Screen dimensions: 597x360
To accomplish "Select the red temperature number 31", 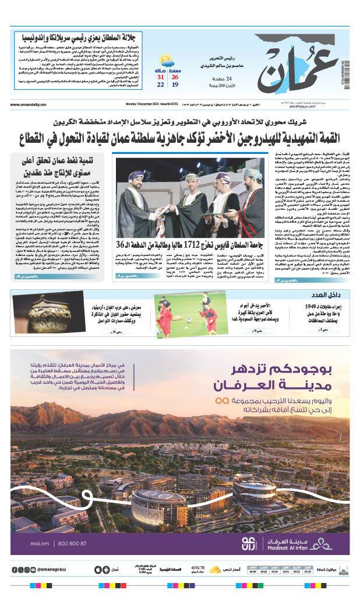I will tap(160, 77).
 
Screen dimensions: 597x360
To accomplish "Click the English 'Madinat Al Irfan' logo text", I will tap(290, 547).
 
